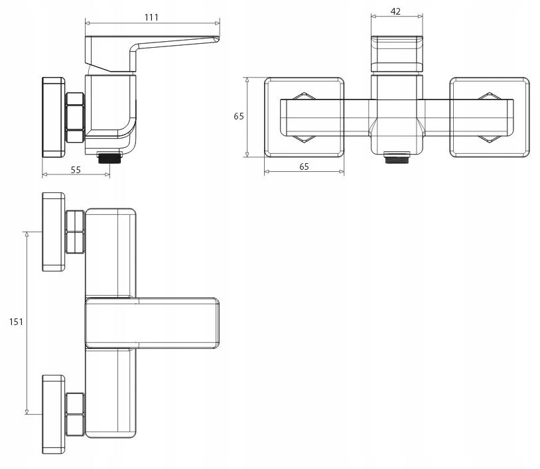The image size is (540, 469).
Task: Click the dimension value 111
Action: [151, 17]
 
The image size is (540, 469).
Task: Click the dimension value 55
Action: [76, 170]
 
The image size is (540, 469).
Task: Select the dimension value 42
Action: [395, 11]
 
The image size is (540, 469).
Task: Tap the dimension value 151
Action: [16, 322]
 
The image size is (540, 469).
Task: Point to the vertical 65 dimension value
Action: [239, 116]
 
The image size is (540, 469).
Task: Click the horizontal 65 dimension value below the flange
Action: [304, 167]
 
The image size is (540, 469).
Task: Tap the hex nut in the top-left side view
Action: [75, 117]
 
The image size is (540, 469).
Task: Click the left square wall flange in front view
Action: [304, 117]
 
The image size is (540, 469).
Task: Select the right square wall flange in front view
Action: [490, 117]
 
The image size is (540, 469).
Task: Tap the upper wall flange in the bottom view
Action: [53, 232]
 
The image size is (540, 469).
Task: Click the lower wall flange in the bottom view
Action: [53, 414]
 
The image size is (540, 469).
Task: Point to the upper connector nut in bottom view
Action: [75, 232]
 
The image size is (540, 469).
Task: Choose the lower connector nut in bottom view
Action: [75, 414]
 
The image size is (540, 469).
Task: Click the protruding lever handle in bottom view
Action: [152, 323]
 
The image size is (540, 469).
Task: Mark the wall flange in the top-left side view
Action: [53, 117]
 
